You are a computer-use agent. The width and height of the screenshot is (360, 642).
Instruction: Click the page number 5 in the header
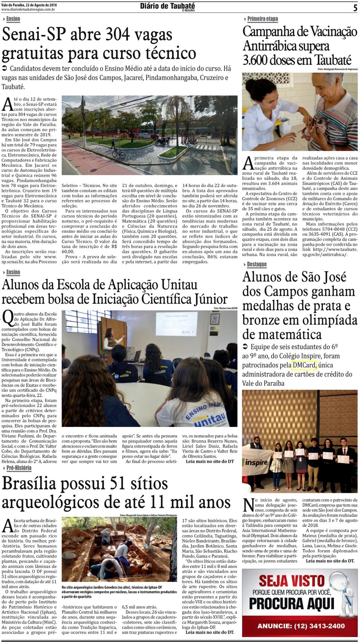click(355, 8)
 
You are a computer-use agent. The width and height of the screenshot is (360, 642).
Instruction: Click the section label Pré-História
click(19, 468)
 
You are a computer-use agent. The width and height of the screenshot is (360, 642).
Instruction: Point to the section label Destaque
click(256, 264)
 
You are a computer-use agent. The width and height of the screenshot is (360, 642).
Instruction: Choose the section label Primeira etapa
click(262, 19)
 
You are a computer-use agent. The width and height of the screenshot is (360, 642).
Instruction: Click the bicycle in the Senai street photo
click(118, 153)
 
